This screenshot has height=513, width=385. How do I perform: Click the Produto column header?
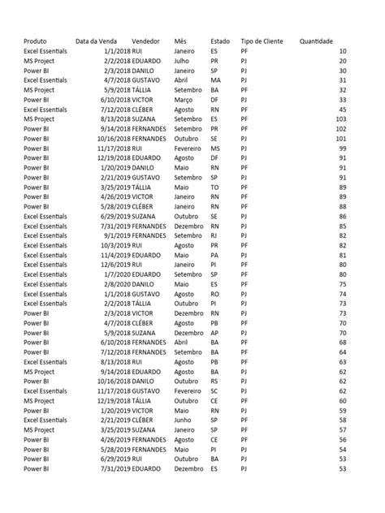click(35, 41)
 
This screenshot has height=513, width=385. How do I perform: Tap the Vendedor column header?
click(145, 41)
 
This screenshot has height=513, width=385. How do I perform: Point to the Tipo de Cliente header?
click(262, 41)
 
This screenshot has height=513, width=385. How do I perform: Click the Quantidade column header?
click(316, 41)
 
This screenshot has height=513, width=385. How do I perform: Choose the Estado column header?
click(219, 41)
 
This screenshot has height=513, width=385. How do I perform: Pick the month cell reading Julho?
click(183, 60)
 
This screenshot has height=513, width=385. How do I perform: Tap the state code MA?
click(215, 80)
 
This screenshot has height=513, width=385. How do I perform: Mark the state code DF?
click(214, 100)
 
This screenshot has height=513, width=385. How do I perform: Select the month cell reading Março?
click(184, 100)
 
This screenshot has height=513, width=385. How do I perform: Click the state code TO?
click(214, 188)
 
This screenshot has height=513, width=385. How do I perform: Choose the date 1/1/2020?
click(117, 274)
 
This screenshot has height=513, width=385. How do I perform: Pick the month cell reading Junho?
click(184, 420)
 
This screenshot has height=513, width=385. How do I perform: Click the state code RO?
click(214, 294)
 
